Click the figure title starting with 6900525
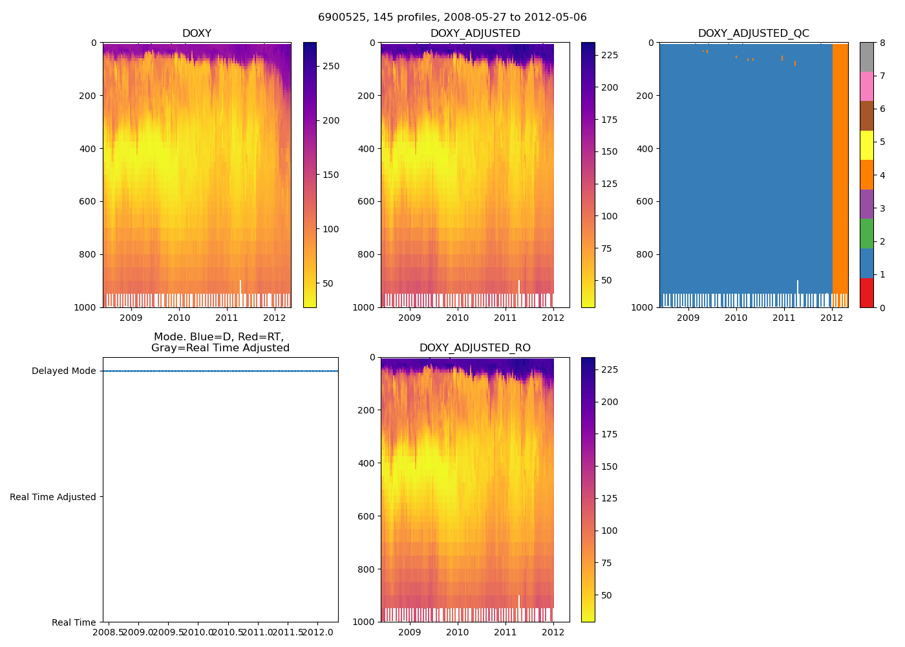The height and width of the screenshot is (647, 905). [x=452, y=17]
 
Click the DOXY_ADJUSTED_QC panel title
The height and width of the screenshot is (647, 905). [x=753, y=34]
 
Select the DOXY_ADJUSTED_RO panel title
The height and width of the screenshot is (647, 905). [x=475, y=348]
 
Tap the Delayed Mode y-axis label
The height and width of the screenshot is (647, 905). [x=63, y=371]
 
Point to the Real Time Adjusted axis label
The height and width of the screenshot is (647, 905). [x=53, y=497]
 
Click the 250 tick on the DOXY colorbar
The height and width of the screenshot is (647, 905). [x=331, y=66]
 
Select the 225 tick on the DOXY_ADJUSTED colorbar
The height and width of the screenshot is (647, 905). [x=610, y=56]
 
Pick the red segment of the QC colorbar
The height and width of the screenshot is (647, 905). [x=866, y=292]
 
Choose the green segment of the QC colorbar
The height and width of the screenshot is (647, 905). [x=866, y=234]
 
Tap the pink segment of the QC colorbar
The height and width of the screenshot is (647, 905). [x=866, y=86]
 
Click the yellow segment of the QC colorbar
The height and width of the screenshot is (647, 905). [x=866, y=145]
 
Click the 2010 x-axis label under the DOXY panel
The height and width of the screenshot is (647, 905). [x=179, y=318]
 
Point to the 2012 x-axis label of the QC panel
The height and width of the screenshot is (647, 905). [x=831, y=318]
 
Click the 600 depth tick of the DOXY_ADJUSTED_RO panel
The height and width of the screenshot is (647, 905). [x=371, y=516]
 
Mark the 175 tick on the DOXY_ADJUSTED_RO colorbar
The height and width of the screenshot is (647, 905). [x=610, y=434]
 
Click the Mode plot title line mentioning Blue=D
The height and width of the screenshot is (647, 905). [x=218, y=337]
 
